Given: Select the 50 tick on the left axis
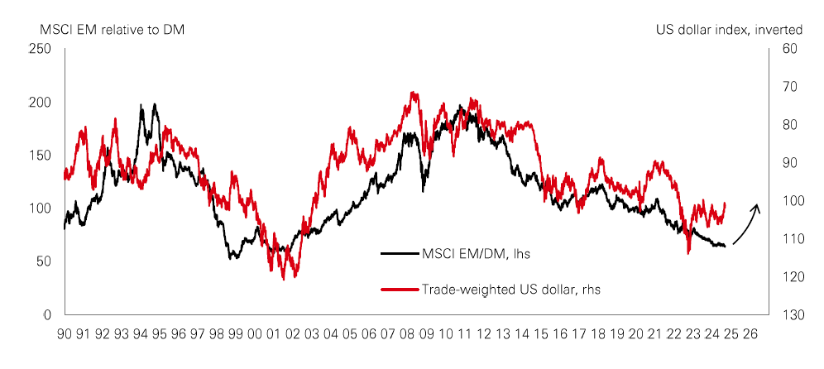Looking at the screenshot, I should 45,261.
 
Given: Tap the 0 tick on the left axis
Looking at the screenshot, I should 49,315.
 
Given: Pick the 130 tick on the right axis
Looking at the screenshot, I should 790,315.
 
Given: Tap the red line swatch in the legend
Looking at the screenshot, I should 399,289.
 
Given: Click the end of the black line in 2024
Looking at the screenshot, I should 725,247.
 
